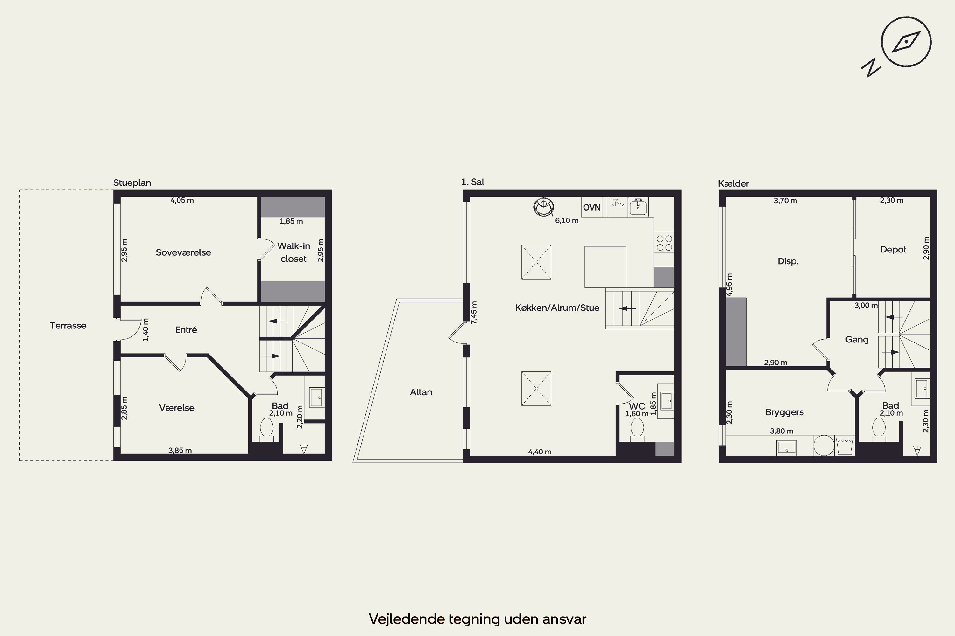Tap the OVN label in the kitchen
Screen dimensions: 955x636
coord(591,208)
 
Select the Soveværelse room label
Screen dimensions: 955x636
coord(184,252)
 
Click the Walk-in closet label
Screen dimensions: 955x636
coord(294,252)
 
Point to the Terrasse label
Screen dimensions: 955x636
coord(68,325)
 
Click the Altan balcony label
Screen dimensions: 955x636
coord(421,392)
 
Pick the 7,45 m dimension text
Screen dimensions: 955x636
coord(474,312)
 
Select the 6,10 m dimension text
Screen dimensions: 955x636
coord(567,221)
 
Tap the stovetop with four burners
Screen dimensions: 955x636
coord(664,243)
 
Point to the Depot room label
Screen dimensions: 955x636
coord(893,249)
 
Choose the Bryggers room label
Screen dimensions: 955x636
coord(784,412)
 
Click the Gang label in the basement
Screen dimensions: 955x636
coord(857,340)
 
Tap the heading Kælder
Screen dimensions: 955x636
coord(733,183)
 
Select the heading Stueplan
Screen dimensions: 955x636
coord(132,183)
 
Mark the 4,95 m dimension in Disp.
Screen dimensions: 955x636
coord(729,285)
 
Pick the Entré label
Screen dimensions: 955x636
coord(186,330)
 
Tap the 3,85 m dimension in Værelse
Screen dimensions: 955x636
coord(180,450)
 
